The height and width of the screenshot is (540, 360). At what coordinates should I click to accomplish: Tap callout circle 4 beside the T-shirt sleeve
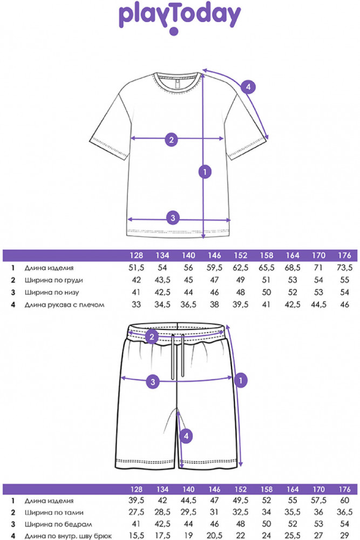(248, 87)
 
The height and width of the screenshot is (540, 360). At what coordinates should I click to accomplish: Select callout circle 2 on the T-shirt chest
(172, 139)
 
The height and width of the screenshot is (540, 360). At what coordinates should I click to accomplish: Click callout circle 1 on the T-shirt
(205, 172)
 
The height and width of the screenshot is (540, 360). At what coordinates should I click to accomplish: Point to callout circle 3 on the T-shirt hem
(173, 218)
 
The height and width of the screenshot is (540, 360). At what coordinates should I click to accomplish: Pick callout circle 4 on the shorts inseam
(186, 436)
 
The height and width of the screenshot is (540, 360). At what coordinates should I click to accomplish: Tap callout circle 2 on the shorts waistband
(152, 336)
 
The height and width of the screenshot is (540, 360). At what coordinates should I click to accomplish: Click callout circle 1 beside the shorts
(241, 380)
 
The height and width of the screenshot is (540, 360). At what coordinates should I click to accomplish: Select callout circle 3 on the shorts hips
(153, 381)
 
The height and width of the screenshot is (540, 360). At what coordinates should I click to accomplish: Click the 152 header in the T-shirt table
(240, 255)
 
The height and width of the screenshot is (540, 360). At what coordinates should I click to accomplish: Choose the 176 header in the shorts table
(344, 489)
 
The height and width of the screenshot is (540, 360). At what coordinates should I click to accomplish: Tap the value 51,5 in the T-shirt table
(136, 268)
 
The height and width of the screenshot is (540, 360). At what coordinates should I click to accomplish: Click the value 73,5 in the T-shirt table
(344, 268)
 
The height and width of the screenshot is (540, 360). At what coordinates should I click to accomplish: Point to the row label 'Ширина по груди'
(53, 280)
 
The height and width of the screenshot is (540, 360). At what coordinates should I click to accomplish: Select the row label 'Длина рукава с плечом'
(64, 305)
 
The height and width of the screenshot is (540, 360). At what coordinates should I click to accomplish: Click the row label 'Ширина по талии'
(54, 512)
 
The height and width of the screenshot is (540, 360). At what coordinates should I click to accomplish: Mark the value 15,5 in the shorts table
(136, 536)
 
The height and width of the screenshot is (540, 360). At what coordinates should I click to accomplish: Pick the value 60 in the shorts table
(344, 501)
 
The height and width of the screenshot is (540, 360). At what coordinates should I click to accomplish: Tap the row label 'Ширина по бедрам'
(58, 524)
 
